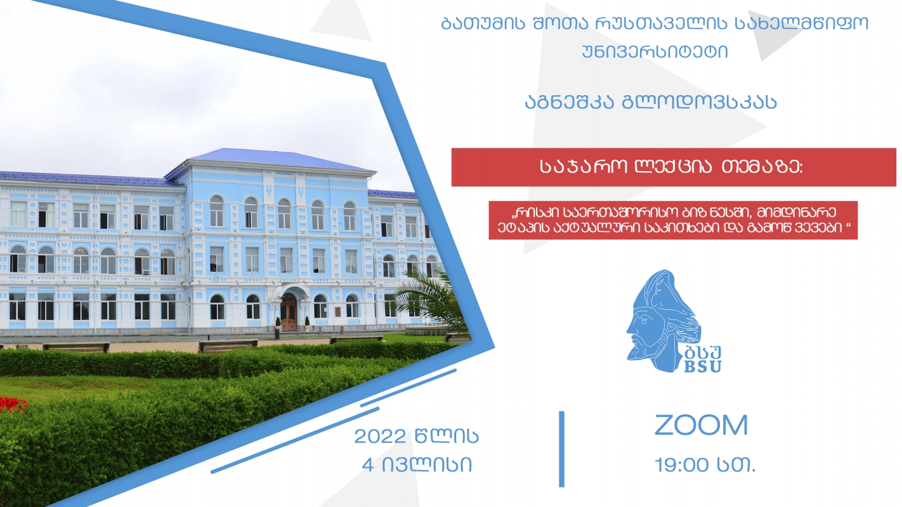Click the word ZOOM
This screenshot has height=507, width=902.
tap(701, 425)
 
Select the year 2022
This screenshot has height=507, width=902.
tap(380, 436)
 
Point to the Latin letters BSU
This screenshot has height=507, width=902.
tap(702, 366)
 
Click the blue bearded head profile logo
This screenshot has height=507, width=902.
tap(663, 320)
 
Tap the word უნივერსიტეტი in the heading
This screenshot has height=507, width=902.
tap(655, 52)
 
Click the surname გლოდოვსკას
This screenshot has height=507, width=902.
tap(700, 102)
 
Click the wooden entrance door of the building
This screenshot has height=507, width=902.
tap(289, 312)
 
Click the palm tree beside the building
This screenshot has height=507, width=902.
tap(429, 300)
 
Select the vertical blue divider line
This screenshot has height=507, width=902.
tap(562, 449)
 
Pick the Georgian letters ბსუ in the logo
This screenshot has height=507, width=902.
tap(702, 352)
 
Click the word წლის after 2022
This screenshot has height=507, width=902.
tap(447, 436)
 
